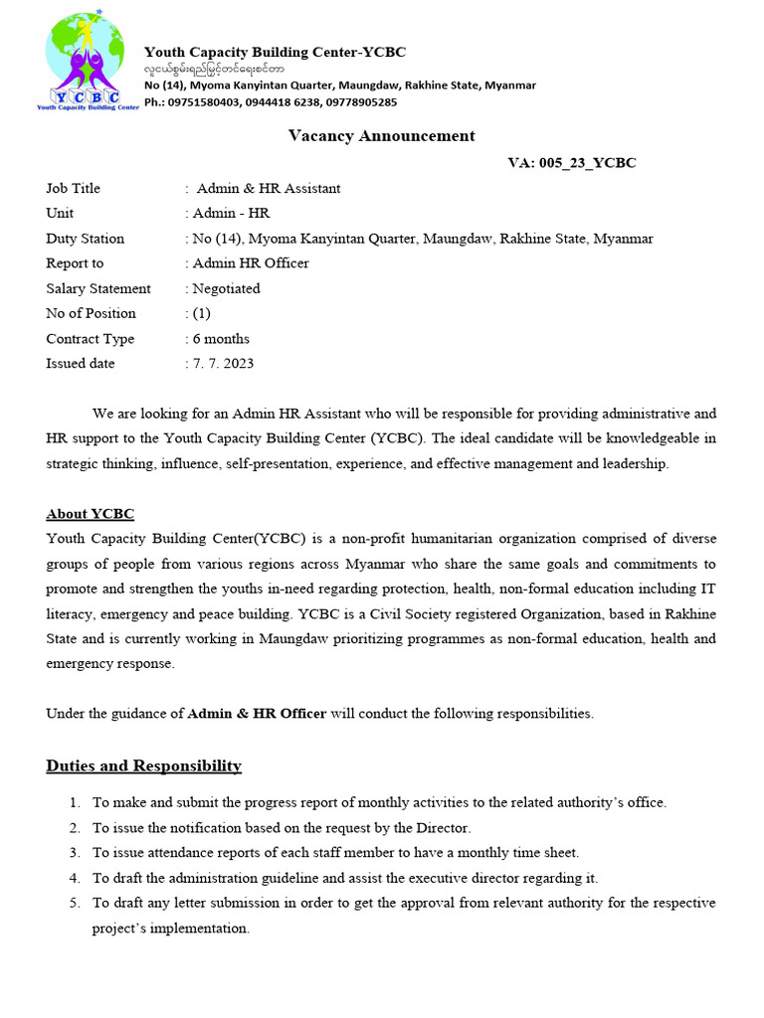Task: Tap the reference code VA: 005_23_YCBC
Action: [571, 163]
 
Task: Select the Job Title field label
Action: [73, 188]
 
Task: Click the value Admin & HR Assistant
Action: [269, 188]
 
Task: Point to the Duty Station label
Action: [85, 239]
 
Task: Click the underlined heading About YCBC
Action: [90, 514]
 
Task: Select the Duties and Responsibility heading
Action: [143, 765]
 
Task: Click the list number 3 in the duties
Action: [75, 853]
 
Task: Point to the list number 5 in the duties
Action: [75, 903]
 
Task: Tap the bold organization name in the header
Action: [275, 52]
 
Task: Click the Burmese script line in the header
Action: [213, 69]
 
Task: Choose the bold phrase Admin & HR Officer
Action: [257, 713]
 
